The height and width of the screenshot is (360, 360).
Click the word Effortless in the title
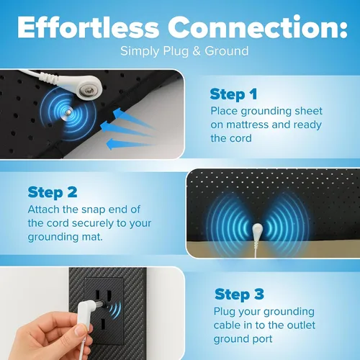tap(88, 27)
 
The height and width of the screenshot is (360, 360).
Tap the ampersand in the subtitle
tap(197, 51)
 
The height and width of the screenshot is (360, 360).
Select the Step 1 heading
tap(233, 94)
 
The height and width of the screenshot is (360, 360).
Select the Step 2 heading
tap(53, 193)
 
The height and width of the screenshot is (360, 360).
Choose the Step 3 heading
tap(239, 294)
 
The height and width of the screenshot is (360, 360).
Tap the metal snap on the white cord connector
tap(86, 91)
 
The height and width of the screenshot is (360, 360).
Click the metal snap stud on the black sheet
tap(68, 112)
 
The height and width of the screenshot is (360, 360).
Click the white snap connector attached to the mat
tap(257, 232)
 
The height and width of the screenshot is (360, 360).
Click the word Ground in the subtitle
tap(227, 51)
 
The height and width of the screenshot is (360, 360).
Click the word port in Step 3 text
tap(263, 339)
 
